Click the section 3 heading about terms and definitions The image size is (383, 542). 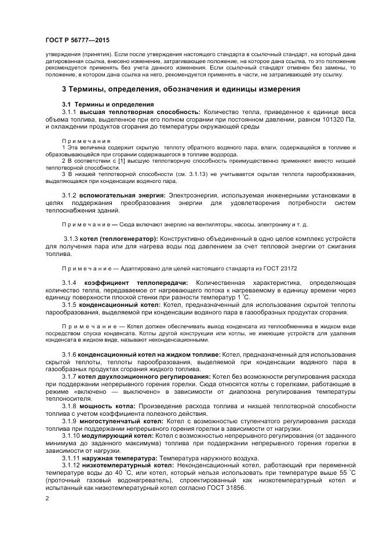[x=181, y=89]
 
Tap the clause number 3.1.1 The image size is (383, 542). [x=70, y=111]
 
